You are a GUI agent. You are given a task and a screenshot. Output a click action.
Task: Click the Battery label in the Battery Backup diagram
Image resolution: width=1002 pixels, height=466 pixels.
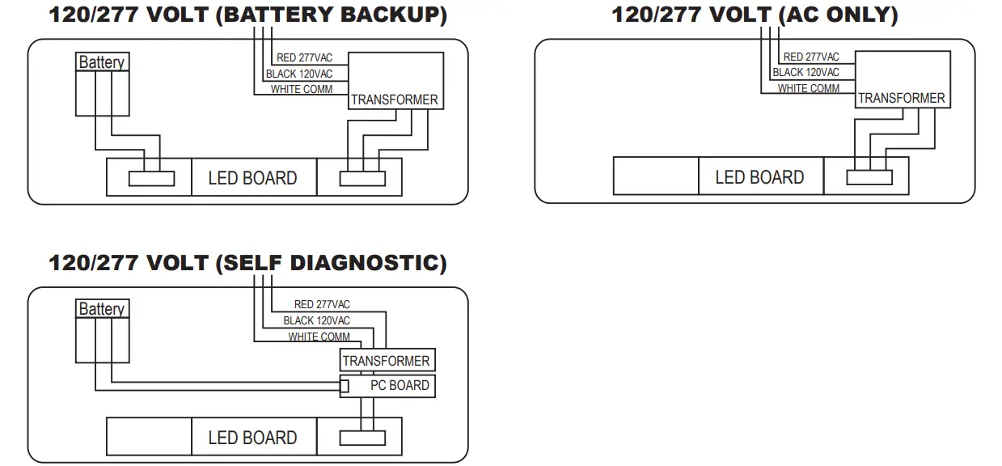click(x=101, y=62)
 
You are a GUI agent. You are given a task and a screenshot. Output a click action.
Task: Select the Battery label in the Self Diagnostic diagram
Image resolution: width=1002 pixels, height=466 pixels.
click(x=101, y=309)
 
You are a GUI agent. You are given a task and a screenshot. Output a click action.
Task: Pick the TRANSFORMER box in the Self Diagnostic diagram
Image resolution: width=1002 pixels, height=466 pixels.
click(x=387, y=361)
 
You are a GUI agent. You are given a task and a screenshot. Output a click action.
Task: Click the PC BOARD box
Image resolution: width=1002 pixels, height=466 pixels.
click(x=388, y=386)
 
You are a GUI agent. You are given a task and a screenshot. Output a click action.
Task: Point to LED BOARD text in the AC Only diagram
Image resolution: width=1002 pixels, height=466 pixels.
click(x=759, y=177)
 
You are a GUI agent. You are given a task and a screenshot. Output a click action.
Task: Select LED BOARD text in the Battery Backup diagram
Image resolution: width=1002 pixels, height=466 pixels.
click(x=252, y=178)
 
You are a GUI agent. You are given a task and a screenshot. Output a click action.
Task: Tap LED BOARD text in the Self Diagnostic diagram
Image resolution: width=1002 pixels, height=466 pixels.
click(x=252, y=438)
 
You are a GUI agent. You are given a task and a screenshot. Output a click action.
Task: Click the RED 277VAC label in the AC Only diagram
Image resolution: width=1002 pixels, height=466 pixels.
click(x=811, y=57)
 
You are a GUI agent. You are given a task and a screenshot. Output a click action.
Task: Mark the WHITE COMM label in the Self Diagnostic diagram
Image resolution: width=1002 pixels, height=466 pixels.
click(x=319, y=337)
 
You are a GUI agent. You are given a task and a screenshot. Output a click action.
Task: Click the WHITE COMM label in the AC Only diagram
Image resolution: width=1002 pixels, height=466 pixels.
click(x=809, y=88)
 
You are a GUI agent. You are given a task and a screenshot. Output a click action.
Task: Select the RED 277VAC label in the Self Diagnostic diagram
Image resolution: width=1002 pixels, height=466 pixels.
click(x=322, y=304)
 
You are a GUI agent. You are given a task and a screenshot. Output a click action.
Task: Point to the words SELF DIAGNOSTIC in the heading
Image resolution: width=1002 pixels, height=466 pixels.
click(x=331, y=263)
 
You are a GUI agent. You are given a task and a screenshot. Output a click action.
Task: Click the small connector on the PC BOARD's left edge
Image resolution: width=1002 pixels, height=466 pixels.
click(x=344, y=386)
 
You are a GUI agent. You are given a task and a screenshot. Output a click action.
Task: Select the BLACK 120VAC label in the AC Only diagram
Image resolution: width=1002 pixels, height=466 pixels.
click(x=805, y=72)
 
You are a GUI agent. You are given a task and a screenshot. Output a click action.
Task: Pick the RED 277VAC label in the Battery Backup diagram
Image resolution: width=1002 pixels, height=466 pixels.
click(x=304, y=57)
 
